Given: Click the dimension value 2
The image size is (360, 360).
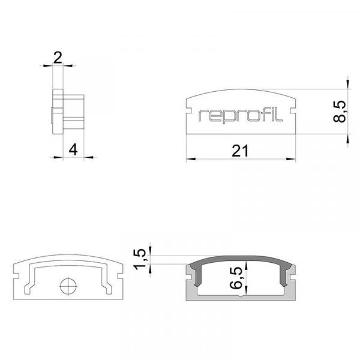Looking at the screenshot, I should [x=58, y=58].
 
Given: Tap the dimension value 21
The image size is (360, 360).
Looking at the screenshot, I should [x=240, y=151].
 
